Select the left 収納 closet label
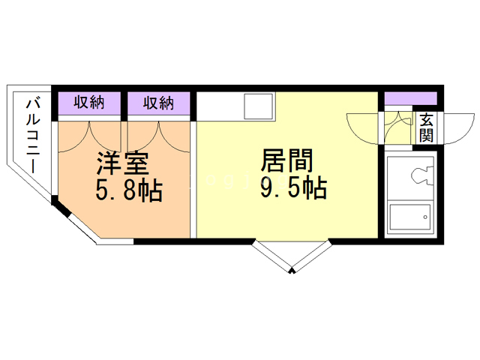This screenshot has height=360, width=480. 88,103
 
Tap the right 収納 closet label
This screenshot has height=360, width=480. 158,103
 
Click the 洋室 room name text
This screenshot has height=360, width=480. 124,163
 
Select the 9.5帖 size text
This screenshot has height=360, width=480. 293,187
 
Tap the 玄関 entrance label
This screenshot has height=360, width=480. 426,127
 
